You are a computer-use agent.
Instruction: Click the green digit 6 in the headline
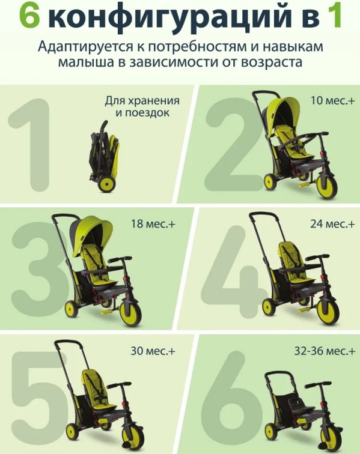tap(29, 16)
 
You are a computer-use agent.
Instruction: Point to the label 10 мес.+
tap(333, 101)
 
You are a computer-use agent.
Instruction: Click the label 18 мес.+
tap(153, 224)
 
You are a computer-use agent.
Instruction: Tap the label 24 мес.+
tap(332, 224)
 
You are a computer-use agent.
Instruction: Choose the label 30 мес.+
tap(153, 351)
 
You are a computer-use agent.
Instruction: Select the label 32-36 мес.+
tap(325, 351)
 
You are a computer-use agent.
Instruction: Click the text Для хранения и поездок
tap(142, 106)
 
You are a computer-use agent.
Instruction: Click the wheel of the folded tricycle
tap(106, 184)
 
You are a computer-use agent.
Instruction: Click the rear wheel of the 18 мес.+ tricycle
tap(72, 309)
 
